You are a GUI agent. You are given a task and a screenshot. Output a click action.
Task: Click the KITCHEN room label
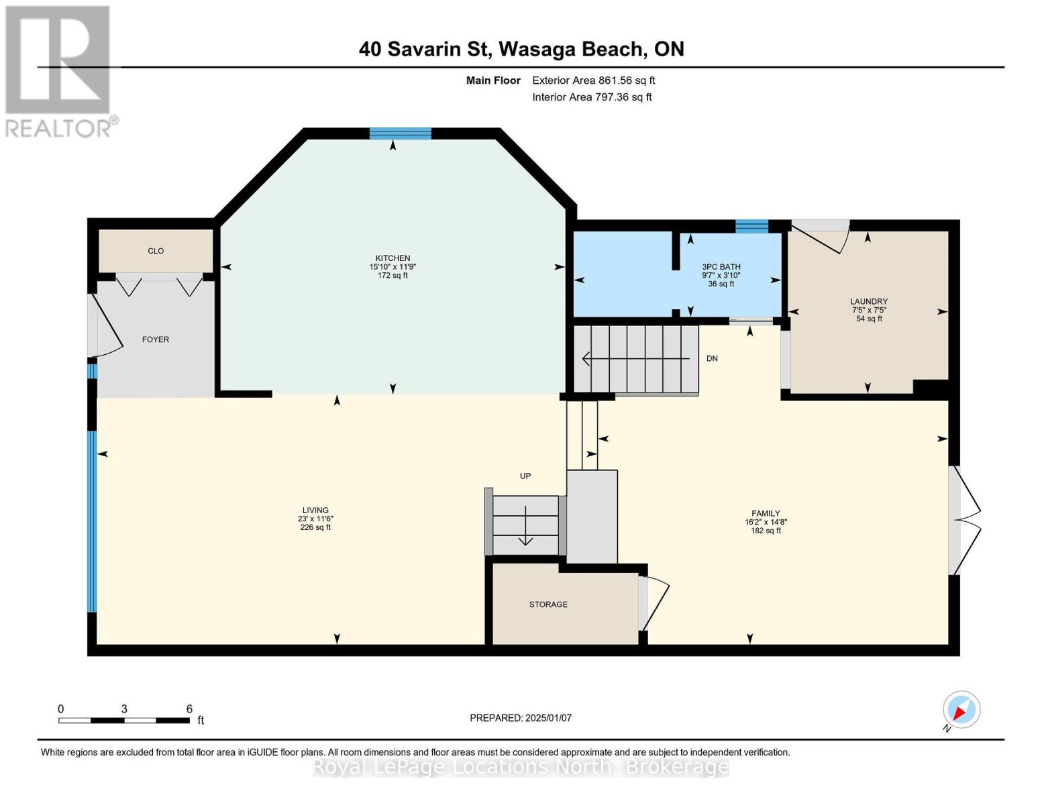coord(393,258)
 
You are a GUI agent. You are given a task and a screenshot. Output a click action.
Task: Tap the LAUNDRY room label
coord(868,302)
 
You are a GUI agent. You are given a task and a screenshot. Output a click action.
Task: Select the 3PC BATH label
coord(721,266)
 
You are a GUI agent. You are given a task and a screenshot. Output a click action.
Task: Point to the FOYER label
coord(156,339)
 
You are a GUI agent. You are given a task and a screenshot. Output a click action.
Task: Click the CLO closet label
coord(156,251)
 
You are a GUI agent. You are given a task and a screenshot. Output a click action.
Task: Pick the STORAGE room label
coord(548,604)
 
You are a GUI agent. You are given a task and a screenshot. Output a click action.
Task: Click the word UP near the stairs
coord(525,476)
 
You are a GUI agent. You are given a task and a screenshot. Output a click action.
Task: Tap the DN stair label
coord(712,359)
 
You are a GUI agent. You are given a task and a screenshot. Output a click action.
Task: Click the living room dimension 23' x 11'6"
coord(315,519)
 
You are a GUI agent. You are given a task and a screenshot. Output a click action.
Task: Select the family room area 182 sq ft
coord(766,531)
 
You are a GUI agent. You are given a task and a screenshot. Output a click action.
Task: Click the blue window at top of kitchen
coord(400,133)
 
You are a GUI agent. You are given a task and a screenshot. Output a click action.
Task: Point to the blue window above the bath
coord(751,226)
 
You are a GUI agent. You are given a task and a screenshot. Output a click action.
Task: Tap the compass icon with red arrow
coord(961,710)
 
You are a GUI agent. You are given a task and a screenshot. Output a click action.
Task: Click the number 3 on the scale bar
coord(123,709)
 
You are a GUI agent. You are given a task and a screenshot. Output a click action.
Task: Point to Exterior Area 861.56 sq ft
coord(593,80)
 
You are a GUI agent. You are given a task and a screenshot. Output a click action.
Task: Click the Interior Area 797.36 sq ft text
coord(592,97)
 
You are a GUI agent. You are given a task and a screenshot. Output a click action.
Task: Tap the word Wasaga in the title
coord(537,50)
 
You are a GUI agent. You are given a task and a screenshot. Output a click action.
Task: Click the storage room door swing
coord(655,603)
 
